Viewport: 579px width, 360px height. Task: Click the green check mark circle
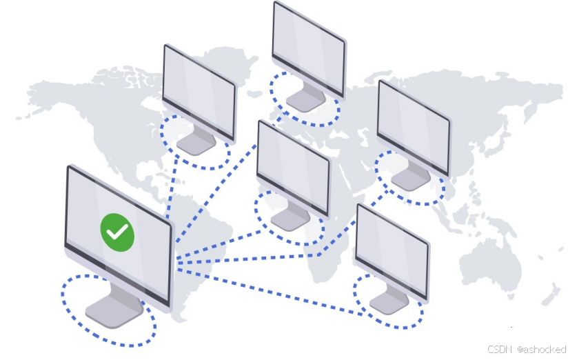pos(117,232)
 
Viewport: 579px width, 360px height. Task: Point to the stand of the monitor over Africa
pos(289,219)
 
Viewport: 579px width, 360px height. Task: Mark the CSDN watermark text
pos(499,350)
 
